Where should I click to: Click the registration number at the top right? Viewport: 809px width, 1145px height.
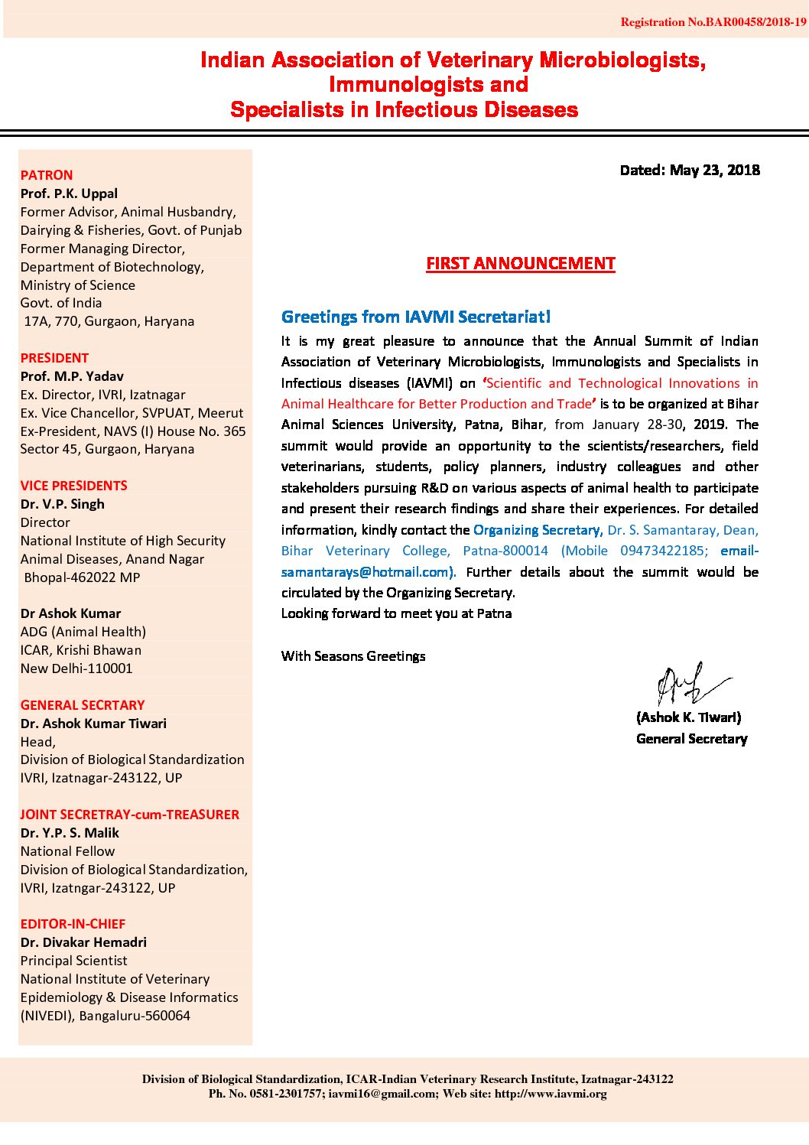(713, 22)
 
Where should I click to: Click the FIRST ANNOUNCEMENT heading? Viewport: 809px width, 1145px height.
(520, 264)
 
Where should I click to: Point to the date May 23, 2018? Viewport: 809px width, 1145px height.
(714, 170)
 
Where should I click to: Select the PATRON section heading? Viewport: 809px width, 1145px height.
(47, 175)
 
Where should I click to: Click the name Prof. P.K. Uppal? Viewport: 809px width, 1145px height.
(69, 194)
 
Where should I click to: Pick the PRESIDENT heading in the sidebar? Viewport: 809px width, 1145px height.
(54, 358)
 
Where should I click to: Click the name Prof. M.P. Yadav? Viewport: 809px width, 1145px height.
(72, 376)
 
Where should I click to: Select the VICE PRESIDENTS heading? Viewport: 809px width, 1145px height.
(73, 486)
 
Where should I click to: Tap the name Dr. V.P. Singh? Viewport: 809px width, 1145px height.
(62, 504)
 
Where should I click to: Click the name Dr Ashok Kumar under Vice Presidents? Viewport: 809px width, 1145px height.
(70, 613)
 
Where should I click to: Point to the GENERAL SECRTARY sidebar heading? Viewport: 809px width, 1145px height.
(82, 705)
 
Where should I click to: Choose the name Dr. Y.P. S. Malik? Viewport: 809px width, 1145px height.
(70, 833)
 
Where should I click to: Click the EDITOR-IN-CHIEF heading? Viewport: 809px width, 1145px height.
(73, 924)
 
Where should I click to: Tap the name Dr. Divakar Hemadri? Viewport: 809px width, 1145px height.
(83, 942)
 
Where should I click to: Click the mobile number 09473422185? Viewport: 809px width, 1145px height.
(663, 551)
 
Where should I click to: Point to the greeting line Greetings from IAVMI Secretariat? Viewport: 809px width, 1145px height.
(415, 317)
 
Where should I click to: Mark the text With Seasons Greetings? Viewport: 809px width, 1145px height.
(353, 656)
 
